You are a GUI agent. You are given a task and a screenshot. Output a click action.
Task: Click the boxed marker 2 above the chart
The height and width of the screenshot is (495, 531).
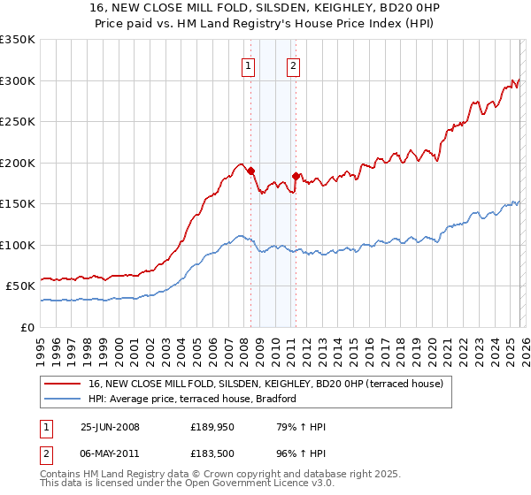point(293,65)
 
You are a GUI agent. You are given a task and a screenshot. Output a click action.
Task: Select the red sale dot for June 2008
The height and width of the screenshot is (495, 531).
point(250,171)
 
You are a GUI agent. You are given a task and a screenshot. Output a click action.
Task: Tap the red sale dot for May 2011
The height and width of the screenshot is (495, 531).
point(296,176)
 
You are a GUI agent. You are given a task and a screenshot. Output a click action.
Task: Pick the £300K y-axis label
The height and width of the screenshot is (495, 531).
point(18,80)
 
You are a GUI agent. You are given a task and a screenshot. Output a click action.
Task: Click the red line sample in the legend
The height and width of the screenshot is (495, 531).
point(62,384)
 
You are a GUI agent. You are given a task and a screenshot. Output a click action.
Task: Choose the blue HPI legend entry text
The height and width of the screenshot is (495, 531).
point(191,399)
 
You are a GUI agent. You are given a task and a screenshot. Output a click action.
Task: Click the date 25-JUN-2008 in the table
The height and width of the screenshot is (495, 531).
point(110,427)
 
